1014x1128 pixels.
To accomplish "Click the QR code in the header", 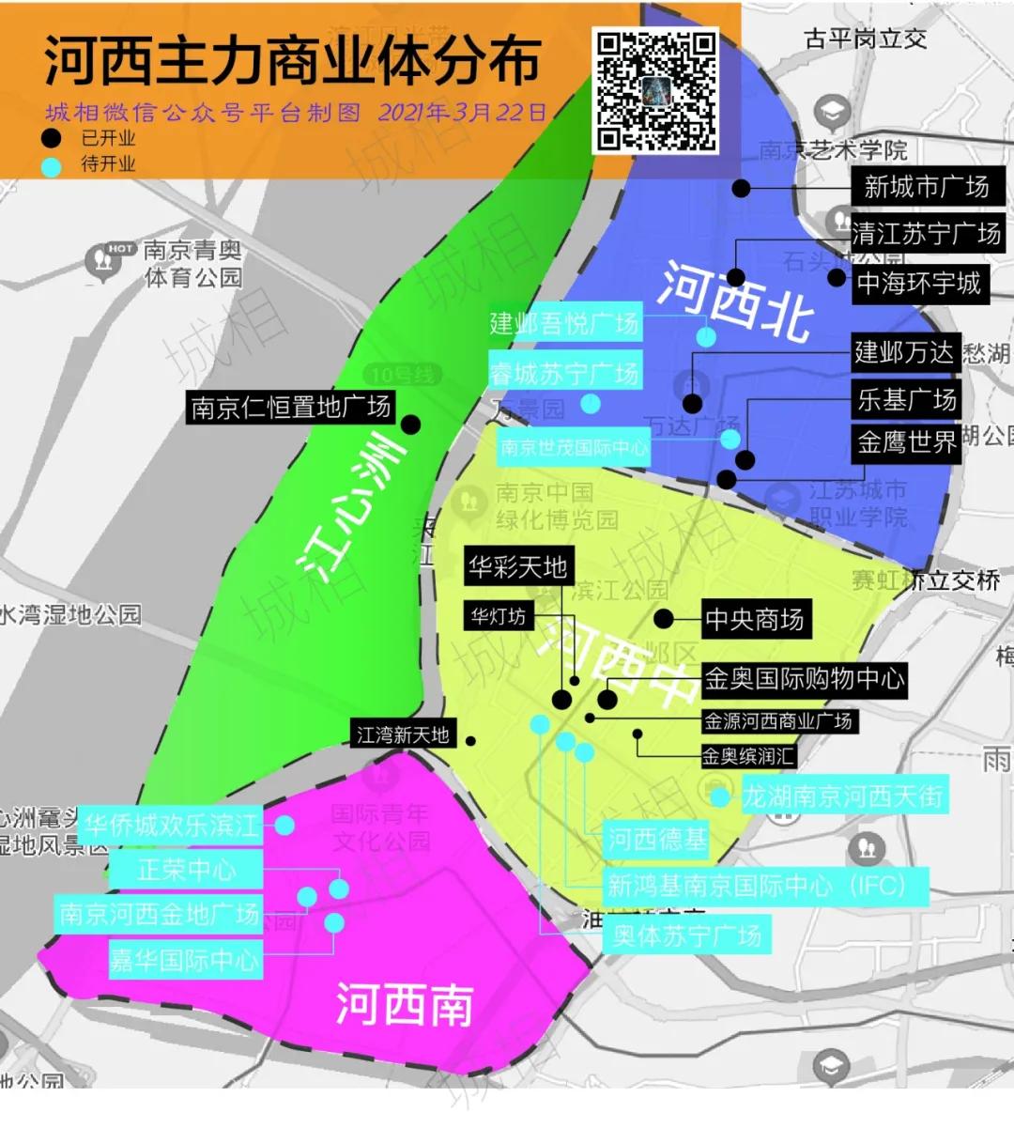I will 656,91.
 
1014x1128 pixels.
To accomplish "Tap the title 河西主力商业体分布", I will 292,61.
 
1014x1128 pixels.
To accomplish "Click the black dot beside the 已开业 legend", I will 53,139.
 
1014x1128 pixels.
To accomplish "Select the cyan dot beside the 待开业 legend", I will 53,165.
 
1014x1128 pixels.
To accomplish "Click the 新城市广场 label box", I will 927,187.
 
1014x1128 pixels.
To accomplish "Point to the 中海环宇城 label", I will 918,283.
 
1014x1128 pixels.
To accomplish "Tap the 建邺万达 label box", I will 903,353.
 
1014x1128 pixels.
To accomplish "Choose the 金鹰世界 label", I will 906,442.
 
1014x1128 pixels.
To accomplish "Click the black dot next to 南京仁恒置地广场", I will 410,425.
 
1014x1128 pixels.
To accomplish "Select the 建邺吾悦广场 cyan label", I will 564,324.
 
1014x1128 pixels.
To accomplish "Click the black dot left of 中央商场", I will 664,619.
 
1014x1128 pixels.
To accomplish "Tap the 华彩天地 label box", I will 516,567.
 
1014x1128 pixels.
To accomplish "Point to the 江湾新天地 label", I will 404,735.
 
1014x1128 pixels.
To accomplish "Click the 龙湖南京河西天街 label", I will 842,797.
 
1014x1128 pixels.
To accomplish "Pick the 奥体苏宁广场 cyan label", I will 686,935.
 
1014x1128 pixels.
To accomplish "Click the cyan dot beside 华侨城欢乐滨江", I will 284,826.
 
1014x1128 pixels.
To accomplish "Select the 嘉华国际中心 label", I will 185,959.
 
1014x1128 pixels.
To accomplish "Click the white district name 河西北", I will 733,299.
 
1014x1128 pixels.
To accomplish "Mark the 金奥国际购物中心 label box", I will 805,679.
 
